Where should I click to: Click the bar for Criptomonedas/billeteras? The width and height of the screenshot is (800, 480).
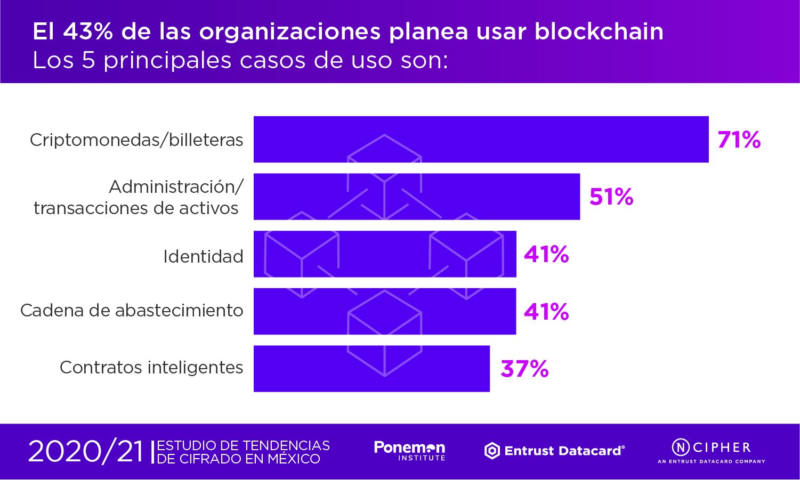pyautogui.click(x=481, y=139)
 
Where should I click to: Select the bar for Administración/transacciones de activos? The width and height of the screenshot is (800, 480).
pyautogui.click(x=416, y=197)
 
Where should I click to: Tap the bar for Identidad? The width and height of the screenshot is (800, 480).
pyautogui.click(x=385, y=254)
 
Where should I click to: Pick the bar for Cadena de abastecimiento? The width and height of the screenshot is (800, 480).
pyautogui.click(x=385, y=312)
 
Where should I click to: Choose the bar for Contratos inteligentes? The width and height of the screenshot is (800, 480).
pyautogui.click(x=371, y=369)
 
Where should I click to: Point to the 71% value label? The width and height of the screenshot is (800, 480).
pyautogui.click(x=739, y=140)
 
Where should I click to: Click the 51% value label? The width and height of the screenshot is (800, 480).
pyautogui.click(x=611, y=197)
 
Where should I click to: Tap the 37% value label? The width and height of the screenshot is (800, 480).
pyautogui.click(x=524, y=369)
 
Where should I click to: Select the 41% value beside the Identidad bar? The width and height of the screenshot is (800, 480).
pyautogui.click(x=546, y=254)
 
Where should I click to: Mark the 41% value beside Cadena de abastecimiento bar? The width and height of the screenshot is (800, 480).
pyautogui.click(x=546, y=312)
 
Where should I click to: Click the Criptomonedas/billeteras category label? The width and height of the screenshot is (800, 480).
pyautogui.click(x=136, y=140)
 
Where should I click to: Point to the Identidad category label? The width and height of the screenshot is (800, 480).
pyautogui.click(x=203, y=257)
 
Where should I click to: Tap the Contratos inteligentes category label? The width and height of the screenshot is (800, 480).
pyautogui.click(x=151, y=368)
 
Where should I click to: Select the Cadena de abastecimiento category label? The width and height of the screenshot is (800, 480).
pyautogui.click(x=132, y=311)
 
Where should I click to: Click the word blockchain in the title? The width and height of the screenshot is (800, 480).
pyautogui.click(x=599, y=31)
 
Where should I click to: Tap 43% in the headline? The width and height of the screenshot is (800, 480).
pyautogui.click(x=88, y=31)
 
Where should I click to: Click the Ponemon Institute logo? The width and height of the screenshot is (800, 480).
pyautogui.click(x=409, y=451)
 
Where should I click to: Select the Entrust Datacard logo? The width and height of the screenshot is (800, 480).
pyautogui.click(x=554, y=451)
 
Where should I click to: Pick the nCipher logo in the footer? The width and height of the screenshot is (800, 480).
pyautogui.click(x=711, y=451)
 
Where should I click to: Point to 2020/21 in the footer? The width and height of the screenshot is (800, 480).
pyautogui.click(x=86, y=452)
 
